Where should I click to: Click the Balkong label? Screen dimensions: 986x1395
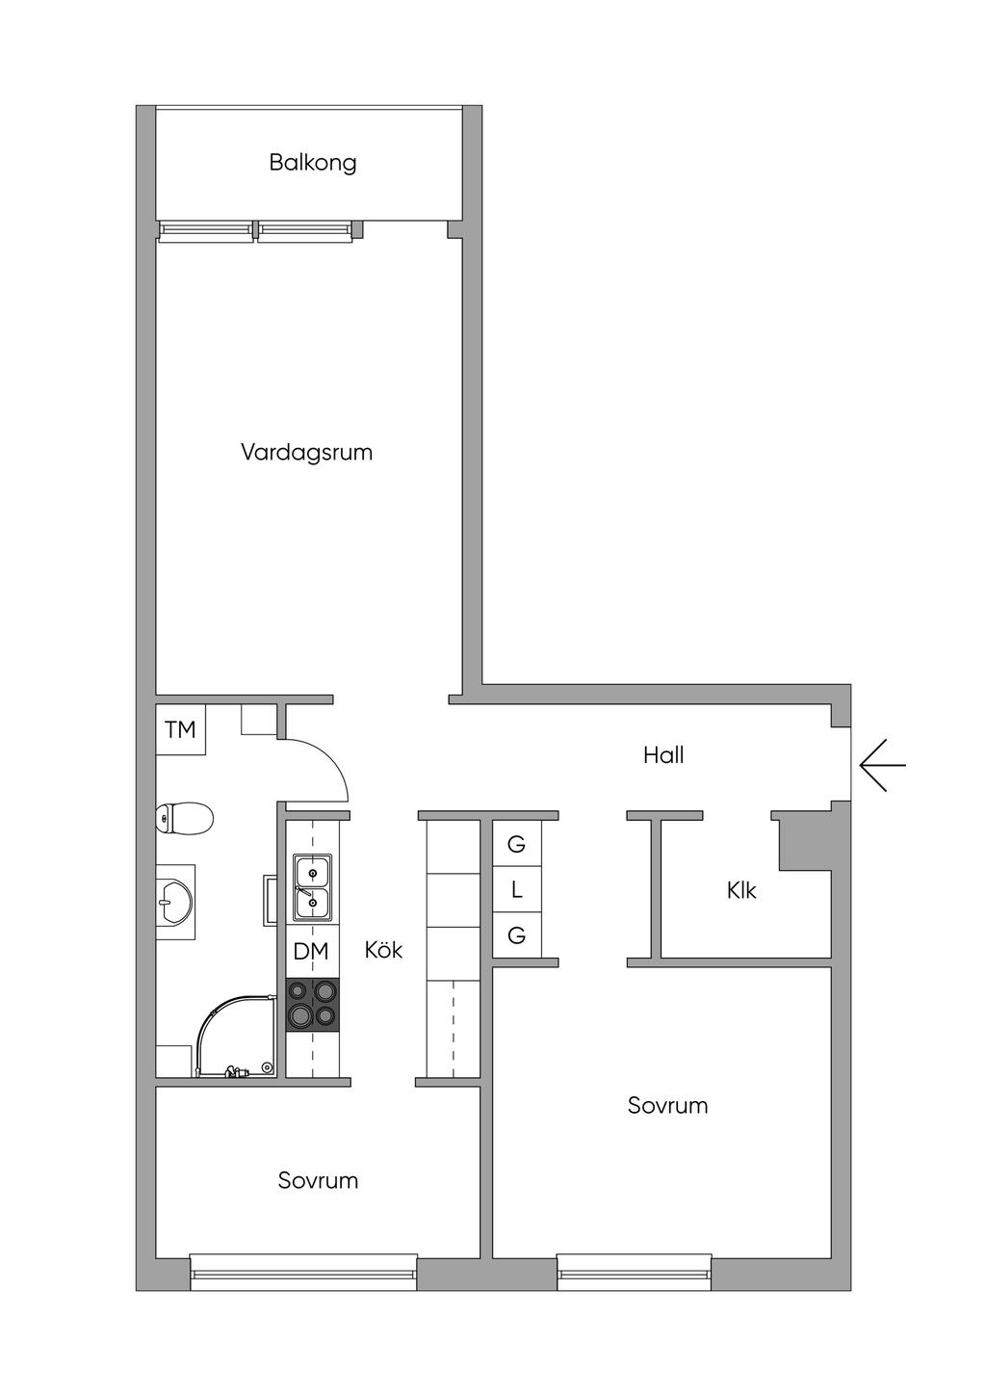point(312,162)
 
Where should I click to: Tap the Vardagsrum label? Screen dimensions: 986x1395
point(306,452)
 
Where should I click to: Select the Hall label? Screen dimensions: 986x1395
point(663,755)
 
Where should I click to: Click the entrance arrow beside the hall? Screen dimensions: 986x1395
point(882,765)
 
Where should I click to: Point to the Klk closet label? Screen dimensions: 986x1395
point(741,890)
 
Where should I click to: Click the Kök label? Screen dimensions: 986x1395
point(383,950)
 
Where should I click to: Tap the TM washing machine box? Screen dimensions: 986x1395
point(180,730)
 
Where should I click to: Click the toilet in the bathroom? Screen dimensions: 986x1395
point(184,820)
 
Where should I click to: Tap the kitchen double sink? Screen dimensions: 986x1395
point(312,887)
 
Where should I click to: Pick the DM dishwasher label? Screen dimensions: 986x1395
point(311,952)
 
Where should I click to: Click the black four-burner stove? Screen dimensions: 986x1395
point(312,1004)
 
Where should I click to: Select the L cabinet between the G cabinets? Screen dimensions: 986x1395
point(516,890)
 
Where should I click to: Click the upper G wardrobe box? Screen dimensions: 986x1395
point(516,845)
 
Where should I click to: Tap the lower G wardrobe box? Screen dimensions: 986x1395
point(516,935)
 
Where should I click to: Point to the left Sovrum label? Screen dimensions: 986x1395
point(318,1180)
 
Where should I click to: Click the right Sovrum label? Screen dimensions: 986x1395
point(667,1105)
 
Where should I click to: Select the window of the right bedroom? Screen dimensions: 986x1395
point(634,1272)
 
